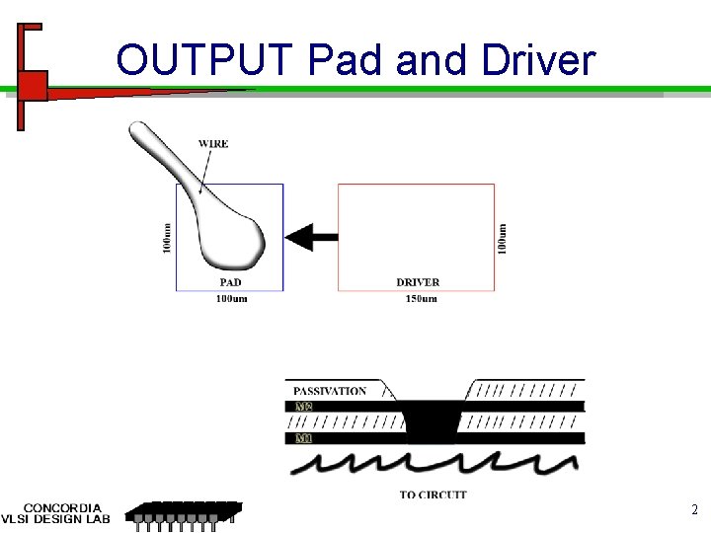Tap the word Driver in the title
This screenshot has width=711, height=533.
coord(538,60)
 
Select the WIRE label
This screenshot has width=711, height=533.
coord(213,144)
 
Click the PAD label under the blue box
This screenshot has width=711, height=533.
coord(230,282)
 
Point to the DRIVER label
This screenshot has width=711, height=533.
coord(418,282)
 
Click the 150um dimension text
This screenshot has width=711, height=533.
coord(421,298)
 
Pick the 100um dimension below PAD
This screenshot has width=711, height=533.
coord(231,298)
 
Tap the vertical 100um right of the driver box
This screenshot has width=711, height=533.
coord(503,238)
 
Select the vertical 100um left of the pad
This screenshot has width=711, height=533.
coord(166,238)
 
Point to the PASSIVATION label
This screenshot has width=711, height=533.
coord(330,391)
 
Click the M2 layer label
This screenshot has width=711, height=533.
coord(304,407)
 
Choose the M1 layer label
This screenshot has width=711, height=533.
coord(304,437)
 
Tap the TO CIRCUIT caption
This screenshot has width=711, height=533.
coord(434,495)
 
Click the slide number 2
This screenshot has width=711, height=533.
coord(693,510)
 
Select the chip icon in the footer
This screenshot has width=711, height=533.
coord(186,513)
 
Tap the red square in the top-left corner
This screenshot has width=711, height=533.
coord(33,86)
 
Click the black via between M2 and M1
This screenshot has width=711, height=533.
coord(433,421)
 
